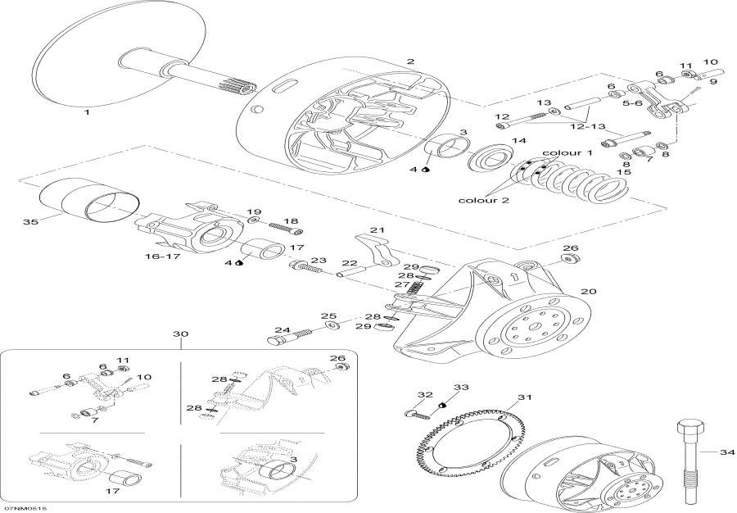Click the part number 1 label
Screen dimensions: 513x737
coord(87,114)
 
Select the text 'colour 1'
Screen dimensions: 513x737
coord(566,153)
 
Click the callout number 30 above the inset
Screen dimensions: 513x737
coord(180,334)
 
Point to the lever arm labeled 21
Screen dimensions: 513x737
coord(373,249)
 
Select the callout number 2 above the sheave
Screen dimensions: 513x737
coord(410,61)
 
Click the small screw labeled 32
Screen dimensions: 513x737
coord(413,415)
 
